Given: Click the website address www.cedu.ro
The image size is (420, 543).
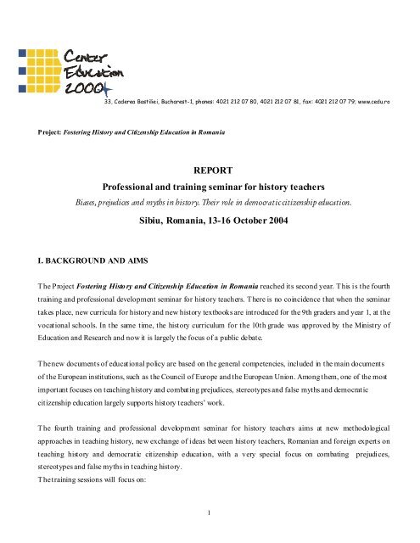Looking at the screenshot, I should point(393,101).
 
